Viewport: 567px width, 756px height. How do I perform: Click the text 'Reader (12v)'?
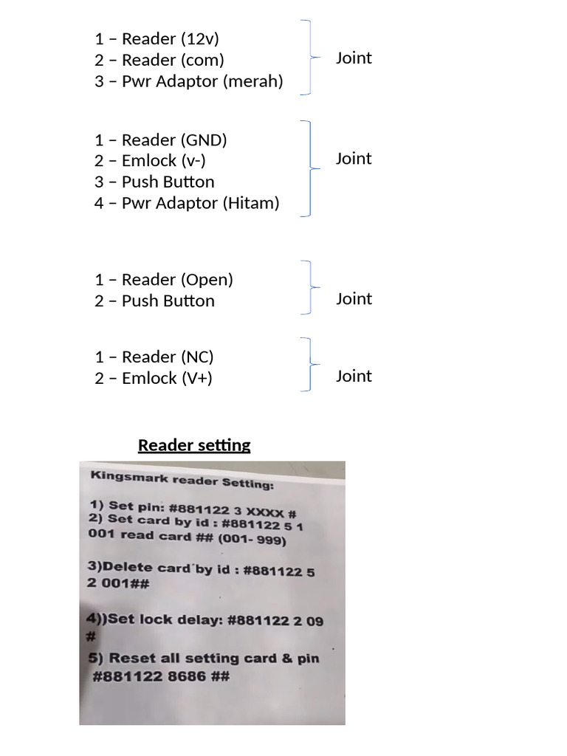pos(171,38)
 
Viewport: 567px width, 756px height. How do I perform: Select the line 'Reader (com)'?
pos(173,60)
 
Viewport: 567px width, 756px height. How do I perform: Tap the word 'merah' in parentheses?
pos(252,81)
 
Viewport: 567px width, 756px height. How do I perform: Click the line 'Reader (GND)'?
pos(174,140)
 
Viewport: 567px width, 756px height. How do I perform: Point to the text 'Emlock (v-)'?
pos(163,160)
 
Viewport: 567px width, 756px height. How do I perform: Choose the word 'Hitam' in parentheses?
pos(250,203)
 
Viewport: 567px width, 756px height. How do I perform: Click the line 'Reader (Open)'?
pos(177,280)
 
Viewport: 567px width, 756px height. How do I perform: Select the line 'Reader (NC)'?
pos(168,357)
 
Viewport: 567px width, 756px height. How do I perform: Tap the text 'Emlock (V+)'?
pos(167,378)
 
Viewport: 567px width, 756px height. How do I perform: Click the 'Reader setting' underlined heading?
pos(194,444)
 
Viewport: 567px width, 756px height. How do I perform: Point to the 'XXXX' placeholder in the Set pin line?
pos(265,512)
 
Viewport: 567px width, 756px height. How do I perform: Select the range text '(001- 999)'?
pos(252,538)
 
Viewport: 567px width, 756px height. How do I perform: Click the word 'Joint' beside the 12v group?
pos(354,58)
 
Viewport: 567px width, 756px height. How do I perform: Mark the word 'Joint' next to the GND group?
pos(354,159)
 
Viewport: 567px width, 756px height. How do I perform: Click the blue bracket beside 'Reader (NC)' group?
pos(310,365)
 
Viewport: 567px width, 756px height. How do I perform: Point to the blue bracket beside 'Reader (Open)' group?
pos(310,287)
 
